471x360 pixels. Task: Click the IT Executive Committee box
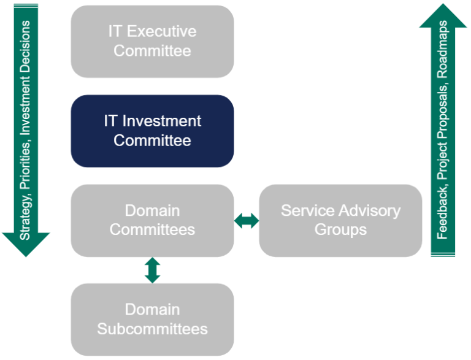pyautogui.click(x=152, y=42)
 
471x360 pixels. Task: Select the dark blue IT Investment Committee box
pyautogui.click(x=152, y=131)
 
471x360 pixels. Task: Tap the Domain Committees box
pyautogui.click(x=152, y=221)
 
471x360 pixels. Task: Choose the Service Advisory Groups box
pyautogui.click(x=340, y=221)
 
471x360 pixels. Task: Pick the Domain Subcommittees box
pyautogui.click(x=152, y=320)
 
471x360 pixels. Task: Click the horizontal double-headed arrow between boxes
pyautogui.click(x=247, y=221)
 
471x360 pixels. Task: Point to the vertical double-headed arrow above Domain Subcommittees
pyautogui.click(x=152, y=270)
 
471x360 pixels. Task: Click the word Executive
pyautogui.click(x=162, y=31)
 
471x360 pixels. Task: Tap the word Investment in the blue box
pyautogui.click(x=162, y=121)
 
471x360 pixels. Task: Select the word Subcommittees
pyautogui.click(x=152, y=329)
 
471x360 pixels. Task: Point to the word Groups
pyautogui.click(x=340, y=230)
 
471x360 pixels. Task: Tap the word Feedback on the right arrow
pyautogui.click(x=442, y=214)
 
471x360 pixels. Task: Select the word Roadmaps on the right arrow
pyautogui.click(x=442, y=50)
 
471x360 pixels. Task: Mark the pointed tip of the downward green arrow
pyautogui.click(x=26, y=257)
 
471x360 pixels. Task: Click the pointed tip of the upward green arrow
pyautogui.click(x=443, y=4)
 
